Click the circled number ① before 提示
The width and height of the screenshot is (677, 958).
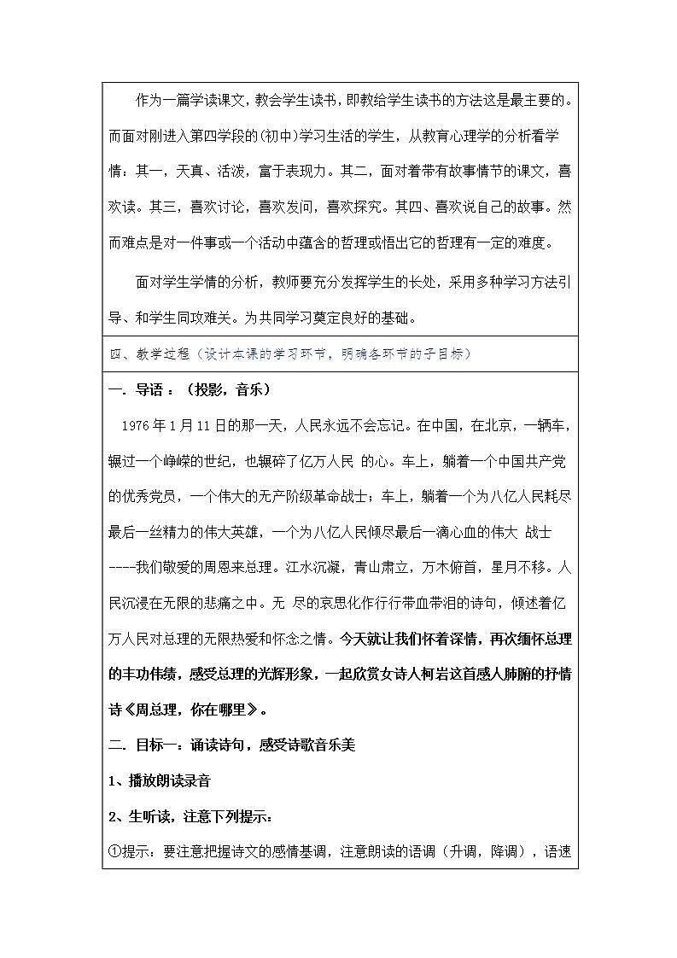[115, 851]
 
